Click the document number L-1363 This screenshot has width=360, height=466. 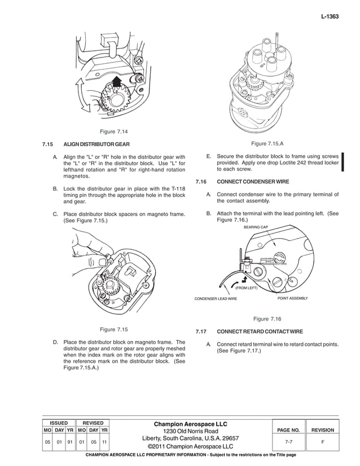click(329, 17)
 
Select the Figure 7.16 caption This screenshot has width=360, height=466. click(267, 319)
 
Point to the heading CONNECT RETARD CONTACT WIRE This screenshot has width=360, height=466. click(260, 331)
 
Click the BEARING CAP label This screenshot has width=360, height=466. click(256, 227)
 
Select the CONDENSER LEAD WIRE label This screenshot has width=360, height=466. click(216, 298)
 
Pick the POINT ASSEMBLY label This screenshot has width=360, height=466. click(293, 297)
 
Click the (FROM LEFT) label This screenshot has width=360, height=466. click(246, 288)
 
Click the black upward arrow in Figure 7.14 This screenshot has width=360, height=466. click(117, 81)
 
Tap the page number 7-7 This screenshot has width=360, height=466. click(288, 442)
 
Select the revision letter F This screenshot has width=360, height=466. click(323, 442)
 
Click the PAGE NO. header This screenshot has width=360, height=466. click(288, 430)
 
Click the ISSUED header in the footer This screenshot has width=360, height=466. click(59, 422)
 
